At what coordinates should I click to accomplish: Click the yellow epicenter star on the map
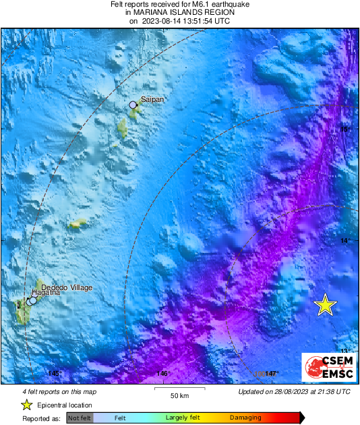(x=325, y=305)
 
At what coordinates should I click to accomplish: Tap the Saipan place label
(x=153, y=99)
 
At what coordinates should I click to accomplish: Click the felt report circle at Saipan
(x=133, y=105)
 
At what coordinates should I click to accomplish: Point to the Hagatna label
(x=47, y=293)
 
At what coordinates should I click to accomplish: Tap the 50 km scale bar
(x=179, y=390)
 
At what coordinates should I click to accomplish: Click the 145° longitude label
(x=55, y=374)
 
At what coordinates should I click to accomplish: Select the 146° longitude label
(x=162, y=374)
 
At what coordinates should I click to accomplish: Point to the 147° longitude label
(x=272, y=374)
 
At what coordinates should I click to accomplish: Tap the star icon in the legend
(x=27, y=405)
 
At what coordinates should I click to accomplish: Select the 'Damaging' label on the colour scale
(x=245, y=418)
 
